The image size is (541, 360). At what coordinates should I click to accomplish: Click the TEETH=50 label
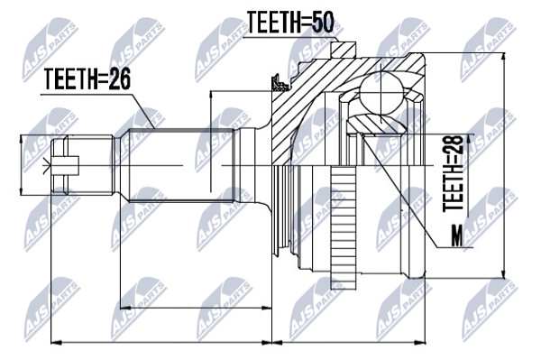click(290, 23)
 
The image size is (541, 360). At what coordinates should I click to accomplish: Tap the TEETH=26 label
click(87, 79)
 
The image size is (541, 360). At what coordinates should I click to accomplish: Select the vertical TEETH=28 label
click(453, 173)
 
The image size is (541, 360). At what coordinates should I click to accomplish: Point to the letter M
click(457, 236)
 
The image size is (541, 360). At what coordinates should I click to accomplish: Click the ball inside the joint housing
click(381, 93)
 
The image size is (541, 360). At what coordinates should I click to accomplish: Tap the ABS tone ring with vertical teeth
click(343, 227)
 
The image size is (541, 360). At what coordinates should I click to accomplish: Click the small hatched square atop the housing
click(343, 50)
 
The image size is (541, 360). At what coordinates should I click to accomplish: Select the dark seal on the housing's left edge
click(280, 83)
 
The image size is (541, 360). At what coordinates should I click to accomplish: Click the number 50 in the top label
click(323, 23)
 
